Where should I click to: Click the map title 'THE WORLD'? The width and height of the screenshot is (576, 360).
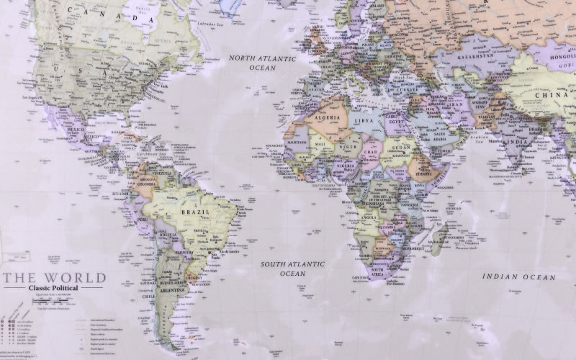54,278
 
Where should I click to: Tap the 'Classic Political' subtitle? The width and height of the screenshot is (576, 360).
54,289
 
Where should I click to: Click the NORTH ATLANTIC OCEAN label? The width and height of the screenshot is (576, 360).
253,62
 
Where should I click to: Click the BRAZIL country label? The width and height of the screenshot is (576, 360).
195,213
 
